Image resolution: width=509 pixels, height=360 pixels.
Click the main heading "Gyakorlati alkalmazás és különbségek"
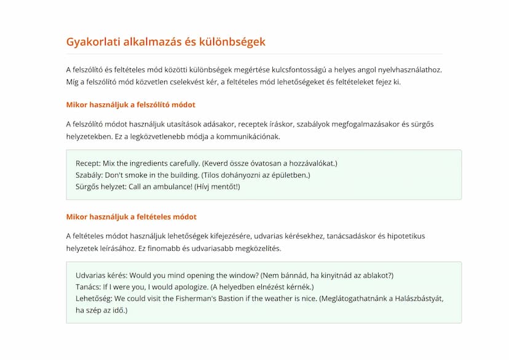click(165, 42)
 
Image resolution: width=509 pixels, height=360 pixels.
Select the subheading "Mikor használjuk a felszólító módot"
click(130, 104)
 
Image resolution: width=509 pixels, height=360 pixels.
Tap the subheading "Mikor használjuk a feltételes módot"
click(131, 217)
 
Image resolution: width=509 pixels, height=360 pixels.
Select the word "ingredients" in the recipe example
click(158, 163)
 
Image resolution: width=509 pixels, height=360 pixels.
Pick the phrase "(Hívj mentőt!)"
click(217, 187)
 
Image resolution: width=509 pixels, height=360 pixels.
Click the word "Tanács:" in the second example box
click(89, 287)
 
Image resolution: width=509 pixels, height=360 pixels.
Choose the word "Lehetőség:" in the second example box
click(93, 299)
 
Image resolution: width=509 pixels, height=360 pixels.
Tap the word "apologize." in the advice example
click(188, 287)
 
